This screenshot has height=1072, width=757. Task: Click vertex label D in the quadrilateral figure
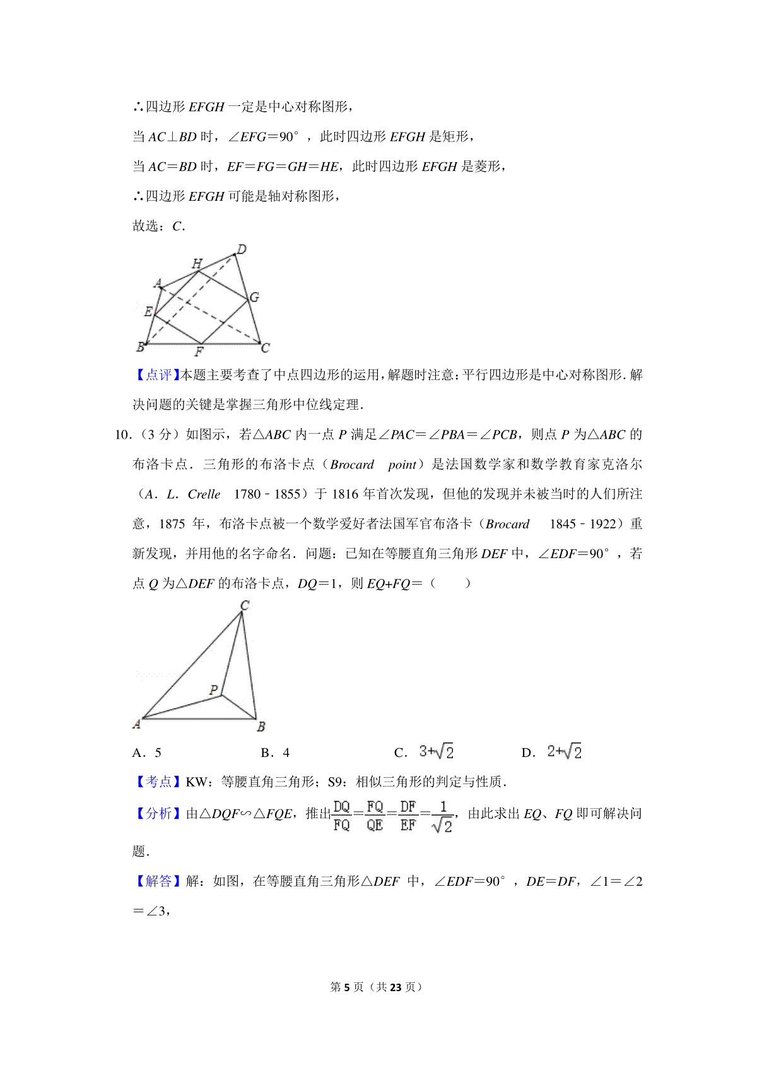point(242,249)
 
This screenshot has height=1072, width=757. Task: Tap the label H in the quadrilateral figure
point(197,263)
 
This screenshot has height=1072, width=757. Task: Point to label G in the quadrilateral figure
point(254,297)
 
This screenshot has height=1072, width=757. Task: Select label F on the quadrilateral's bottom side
point(199,352)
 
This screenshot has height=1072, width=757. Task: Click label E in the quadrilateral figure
point(148,311)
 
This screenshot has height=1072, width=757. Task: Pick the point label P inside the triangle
point(214,690)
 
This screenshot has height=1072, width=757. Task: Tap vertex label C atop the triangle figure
point(245,605)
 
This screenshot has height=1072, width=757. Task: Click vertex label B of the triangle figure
point(261,727)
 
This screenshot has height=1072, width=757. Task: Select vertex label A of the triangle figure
point(136,724)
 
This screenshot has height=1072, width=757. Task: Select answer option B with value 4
point(275,753)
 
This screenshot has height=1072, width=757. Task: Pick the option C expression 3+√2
point(436,752)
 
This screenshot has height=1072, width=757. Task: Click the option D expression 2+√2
point(564,752)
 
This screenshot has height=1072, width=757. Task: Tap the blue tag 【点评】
point(155,375)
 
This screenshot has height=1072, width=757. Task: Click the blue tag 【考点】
point(155,782)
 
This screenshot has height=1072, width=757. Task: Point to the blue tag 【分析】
point(155,814)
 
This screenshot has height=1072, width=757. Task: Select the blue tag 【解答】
point(155,881)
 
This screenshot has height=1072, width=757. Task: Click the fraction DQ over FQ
point(341,816)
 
